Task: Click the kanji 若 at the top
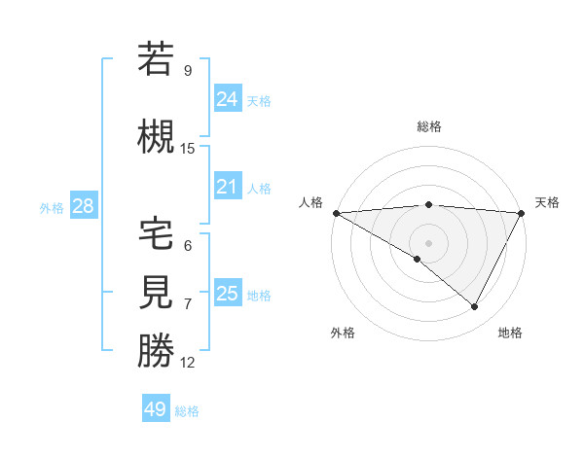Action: (156, 59)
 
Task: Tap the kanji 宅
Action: (156, 234)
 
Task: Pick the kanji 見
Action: (156, 293)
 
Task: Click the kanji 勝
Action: (156, 351)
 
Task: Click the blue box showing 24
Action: (228, 98)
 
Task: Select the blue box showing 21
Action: (228, 187)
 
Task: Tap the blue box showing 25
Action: (228, 294)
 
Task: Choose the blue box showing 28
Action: (83, 206)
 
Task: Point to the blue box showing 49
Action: (156, 409)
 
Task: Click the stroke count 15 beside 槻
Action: (188, 149)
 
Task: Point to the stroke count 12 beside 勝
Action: (188, 363)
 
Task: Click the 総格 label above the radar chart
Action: (428, 126)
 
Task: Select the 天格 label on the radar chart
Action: (547, 202)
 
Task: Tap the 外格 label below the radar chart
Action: (343, 333)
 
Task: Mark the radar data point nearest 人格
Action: (336, 213)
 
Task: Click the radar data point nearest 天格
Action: (523, 213)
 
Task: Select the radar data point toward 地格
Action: (475, 307)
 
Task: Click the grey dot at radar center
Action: (428, 242)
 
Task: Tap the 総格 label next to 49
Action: (187, 411)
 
